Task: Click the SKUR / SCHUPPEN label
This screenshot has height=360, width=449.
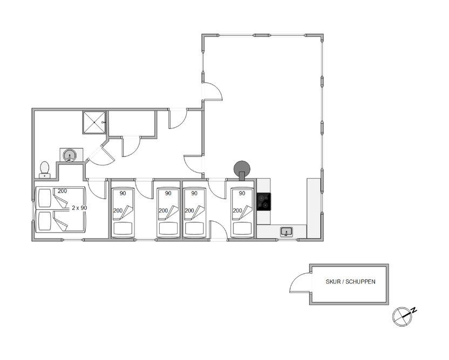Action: pos(350,282)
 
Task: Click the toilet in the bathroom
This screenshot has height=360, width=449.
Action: pos(44,170)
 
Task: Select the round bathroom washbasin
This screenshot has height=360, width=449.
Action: pos(70,155)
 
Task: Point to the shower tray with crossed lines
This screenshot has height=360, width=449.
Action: pos(94,123)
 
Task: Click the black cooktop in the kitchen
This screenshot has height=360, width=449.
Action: pos(264,202)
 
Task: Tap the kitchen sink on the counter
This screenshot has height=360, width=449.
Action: pos(287,232)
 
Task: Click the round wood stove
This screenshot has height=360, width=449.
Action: pos(242,169)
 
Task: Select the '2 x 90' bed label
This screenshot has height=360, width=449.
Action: pos(79,208)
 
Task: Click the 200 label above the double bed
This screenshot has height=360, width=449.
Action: pos(62,191)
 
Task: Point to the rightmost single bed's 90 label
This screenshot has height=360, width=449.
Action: pos(242,193)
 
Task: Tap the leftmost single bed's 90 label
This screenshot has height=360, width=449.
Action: pos(123,193)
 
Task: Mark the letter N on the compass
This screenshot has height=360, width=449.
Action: pos(413,310)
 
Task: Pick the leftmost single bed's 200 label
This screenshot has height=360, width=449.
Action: pos(118,211)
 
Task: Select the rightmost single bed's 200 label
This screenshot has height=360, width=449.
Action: pos(237,211)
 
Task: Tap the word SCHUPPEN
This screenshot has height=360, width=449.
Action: pos(360,282)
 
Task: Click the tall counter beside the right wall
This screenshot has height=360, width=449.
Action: pos(314,208)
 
